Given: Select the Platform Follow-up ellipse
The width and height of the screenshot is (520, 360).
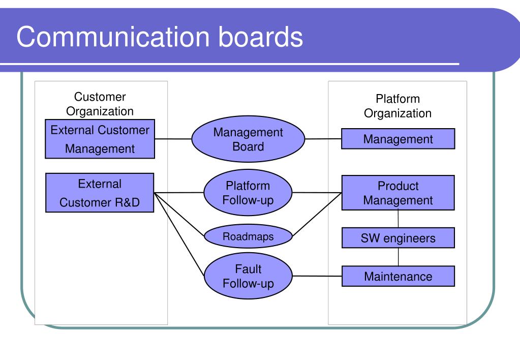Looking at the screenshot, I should [x=248, y=193].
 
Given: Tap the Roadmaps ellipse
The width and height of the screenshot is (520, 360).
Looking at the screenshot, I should [x=248, y=236].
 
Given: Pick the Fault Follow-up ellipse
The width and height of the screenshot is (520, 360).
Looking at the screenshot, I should [x=248, y=276].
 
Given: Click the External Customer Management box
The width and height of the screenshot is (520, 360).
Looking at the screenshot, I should [x=100, y=139].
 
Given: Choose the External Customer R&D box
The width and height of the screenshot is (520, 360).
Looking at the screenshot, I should [x=100, y=193].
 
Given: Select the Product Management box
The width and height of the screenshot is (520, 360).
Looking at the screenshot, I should [x=398, y=193].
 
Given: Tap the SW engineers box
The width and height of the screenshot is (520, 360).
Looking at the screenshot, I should [x=398, y=237].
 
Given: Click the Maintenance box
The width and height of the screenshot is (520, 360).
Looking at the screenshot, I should [x=398, y=277].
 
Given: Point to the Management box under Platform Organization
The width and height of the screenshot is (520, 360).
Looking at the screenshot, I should [x=398, y=139].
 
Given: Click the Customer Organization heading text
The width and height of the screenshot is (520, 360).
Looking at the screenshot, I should [x=100, y=104].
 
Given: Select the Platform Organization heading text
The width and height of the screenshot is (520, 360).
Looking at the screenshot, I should [x=398, y=106].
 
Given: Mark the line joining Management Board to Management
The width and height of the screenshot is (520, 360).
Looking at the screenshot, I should [x=323, y=138].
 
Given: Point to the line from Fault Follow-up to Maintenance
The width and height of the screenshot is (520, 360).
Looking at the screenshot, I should [x=317, y=277].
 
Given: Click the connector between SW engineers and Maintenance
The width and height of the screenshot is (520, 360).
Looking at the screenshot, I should [x=398, y=256].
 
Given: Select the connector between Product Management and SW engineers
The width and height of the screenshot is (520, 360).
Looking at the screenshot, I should [x=398, y=219].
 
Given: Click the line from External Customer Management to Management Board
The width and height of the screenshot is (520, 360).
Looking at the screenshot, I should [x=173, y=138].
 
